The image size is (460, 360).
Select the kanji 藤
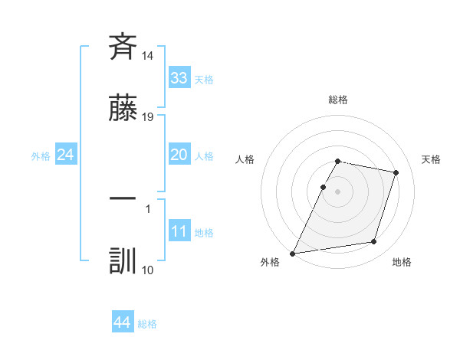pos(123,109)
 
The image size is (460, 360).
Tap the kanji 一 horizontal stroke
pos(123,198)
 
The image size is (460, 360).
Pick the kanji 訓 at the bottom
pos(123,260)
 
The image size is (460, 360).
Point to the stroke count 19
pos(148,117)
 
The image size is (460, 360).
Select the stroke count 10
pos(148,270)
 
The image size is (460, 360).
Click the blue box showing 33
pos(179,78)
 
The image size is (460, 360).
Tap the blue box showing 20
pos(179,155)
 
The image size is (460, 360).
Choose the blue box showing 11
pos(179,231)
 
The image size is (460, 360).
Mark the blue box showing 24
pos(65,155)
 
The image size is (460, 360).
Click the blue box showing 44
pos(122,322)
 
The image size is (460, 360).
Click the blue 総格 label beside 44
pos(147,324)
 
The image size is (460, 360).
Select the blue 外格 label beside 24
pos(41,156)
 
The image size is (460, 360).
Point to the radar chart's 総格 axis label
pos(338,100)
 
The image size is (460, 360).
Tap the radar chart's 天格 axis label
pos(432,159)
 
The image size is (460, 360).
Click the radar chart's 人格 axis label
pos(245,159)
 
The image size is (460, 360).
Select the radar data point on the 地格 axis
pos(374,242)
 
